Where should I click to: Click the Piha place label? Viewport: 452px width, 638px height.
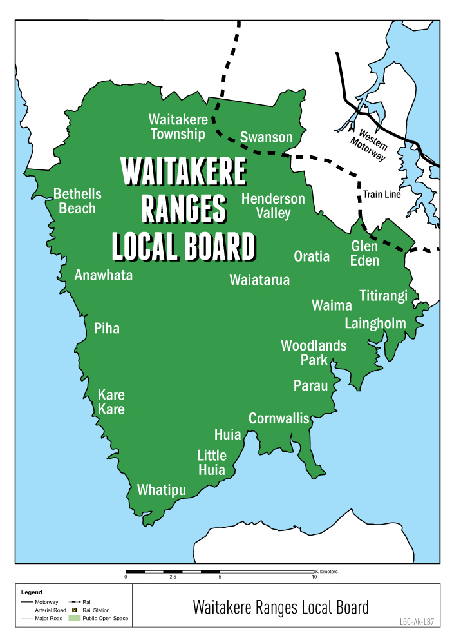click(x=107, y=328)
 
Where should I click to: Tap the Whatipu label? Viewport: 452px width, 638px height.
click(x=161, y=490)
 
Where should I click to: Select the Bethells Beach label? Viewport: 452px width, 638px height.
click(x=77, y=201)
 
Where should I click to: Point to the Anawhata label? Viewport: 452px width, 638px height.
click(x=104, y=275)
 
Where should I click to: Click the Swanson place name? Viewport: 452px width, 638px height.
click(x=266, y=137)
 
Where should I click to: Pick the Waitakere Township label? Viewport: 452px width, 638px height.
click(x=178, y=127)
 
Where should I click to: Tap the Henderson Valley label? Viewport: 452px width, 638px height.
click(x=273, y=206)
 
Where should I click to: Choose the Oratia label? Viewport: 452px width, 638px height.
click(x=312, y=256)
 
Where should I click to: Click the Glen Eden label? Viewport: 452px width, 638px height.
click(x=364, y=253)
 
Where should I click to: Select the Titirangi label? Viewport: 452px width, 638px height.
click(x=383, y=296)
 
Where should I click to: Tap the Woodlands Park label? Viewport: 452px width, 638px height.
click(x=314, y=353)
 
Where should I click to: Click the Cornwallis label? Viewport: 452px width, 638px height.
click(x=279, y=418)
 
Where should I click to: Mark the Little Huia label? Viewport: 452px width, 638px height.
click(x=212, y=463)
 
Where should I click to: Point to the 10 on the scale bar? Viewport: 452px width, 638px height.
click(x=314, y=577)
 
